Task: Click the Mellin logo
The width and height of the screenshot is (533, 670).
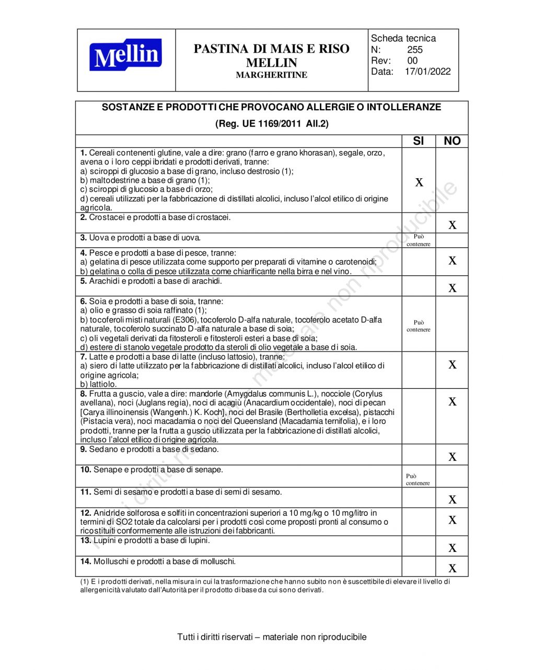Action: pyautogui.click(x=125, y=55)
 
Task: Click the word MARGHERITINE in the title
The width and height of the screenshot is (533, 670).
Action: pyautogui.click(x=271, y=75)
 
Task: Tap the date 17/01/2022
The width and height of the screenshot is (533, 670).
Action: pyautogui.click(x=427, y=72)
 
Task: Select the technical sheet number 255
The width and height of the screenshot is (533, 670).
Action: pyautogui.click(x=415, y=50)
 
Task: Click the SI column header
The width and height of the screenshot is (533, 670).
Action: pyautogui.click(x=419, y=141)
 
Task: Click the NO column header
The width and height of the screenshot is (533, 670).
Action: pyautogui.click(x=452, y=141)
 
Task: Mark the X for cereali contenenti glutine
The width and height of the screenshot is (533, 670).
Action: pyautogui.click(x=419, y=182)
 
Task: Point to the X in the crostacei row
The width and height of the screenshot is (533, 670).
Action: pyautogui.click(x=453, y=225)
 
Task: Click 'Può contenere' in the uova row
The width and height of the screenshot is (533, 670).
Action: pyautogui.click(x=419, y=240)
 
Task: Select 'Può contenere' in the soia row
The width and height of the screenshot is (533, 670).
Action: pyautogui.click(x=419, y=326)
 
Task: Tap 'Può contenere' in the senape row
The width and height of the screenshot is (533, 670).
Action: pyautogui.click(x=418, y=480)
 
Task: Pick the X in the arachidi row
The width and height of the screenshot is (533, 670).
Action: pyautogui.click(x=453, y=288)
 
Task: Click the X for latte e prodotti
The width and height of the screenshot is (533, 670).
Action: pyautogui.click(x=453, y=365)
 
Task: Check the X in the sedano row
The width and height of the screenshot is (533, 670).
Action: pyautogui.click(x=453, y=457)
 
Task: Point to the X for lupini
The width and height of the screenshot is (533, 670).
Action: pyautogui.click(x=453, y=548)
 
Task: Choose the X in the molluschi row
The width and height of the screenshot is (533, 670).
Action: pyautogui.click(x=453, y=569)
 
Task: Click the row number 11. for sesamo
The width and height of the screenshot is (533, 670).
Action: pyautogui.click(x=86, y=492)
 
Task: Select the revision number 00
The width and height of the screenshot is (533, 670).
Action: pyautogui.click(x=412, y=61)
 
